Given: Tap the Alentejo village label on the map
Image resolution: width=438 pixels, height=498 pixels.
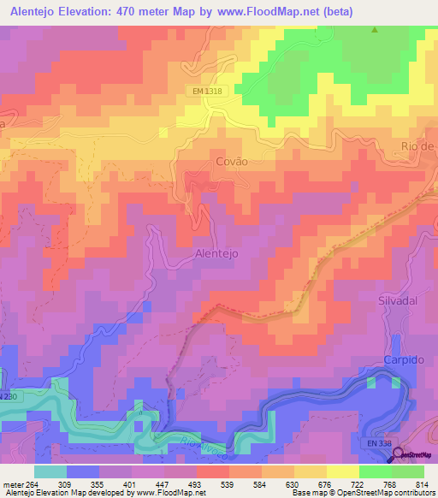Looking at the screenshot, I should (216, 254).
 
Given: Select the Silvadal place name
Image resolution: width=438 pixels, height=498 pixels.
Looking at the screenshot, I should (401, 301).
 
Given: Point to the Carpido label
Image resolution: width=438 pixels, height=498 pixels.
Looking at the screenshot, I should (404, 360).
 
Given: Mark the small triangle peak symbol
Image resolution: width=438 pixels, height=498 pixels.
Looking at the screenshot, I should (374, 31).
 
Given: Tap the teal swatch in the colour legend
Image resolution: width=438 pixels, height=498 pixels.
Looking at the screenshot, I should (50, 471).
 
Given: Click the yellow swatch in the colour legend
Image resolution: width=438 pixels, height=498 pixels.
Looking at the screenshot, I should (342, 471).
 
